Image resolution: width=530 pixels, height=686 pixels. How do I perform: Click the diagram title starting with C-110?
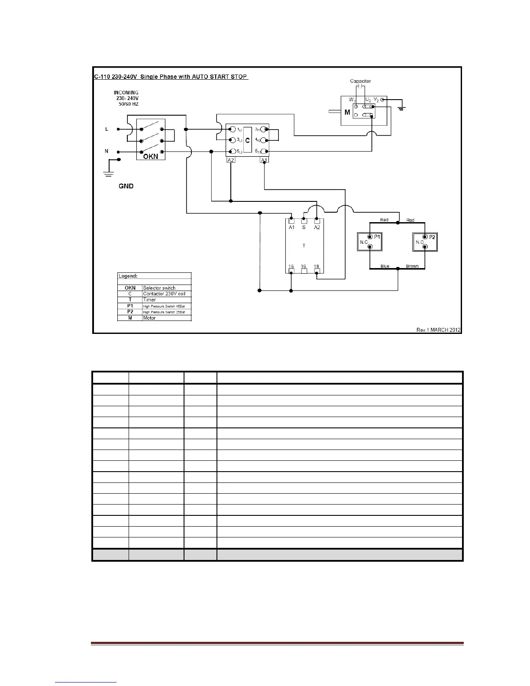pos(171,77)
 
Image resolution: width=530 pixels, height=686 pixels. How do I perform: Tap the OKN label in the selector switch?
pos(151,157)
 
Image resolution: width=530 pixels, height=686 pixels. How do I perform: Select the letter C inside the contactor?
pos(248,140)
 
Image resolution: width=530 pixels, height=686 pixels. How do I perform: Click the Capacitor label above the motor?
pos(360,81)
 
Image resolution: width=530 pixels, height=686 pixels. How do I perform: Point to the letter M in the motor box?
pos(347,113)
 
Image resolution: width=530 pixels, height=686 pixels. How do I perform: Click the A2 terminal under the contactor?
pos(231,160)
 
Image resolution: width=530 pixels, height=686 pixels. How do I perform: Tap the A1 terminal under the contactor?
pos(264,160)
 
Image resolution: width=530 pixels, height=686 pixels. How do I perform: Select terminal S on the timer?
pos(304,227)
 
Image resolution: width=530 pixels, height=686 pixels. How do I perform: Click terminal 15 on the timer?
pos(291,267)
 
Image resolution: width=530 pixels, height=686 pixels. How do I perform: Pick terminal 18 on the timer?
pos(317,267)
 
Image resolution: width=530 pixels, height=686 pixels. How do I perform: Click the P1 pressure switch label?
pos(377,237)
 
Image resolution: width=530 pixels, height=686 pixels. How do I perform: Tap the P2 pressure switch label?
pos(432,237)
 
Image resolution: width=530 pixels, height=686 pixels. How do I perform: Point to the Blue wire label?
pos(385,266)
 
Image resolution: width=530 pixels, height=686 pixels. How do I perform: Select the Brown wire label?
pos(412,266)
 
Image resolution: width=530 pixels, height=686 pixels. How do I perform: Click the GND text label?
pos(126,186)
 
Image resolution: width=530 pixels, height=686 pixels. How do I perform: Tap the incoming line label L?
pos(107,129)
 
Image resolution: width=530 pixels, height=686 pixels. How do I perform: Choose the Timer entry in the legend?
pos(149,300)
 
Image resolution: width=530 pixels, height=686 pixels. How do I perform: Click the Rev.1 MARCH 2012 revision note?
pos(438,330)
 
